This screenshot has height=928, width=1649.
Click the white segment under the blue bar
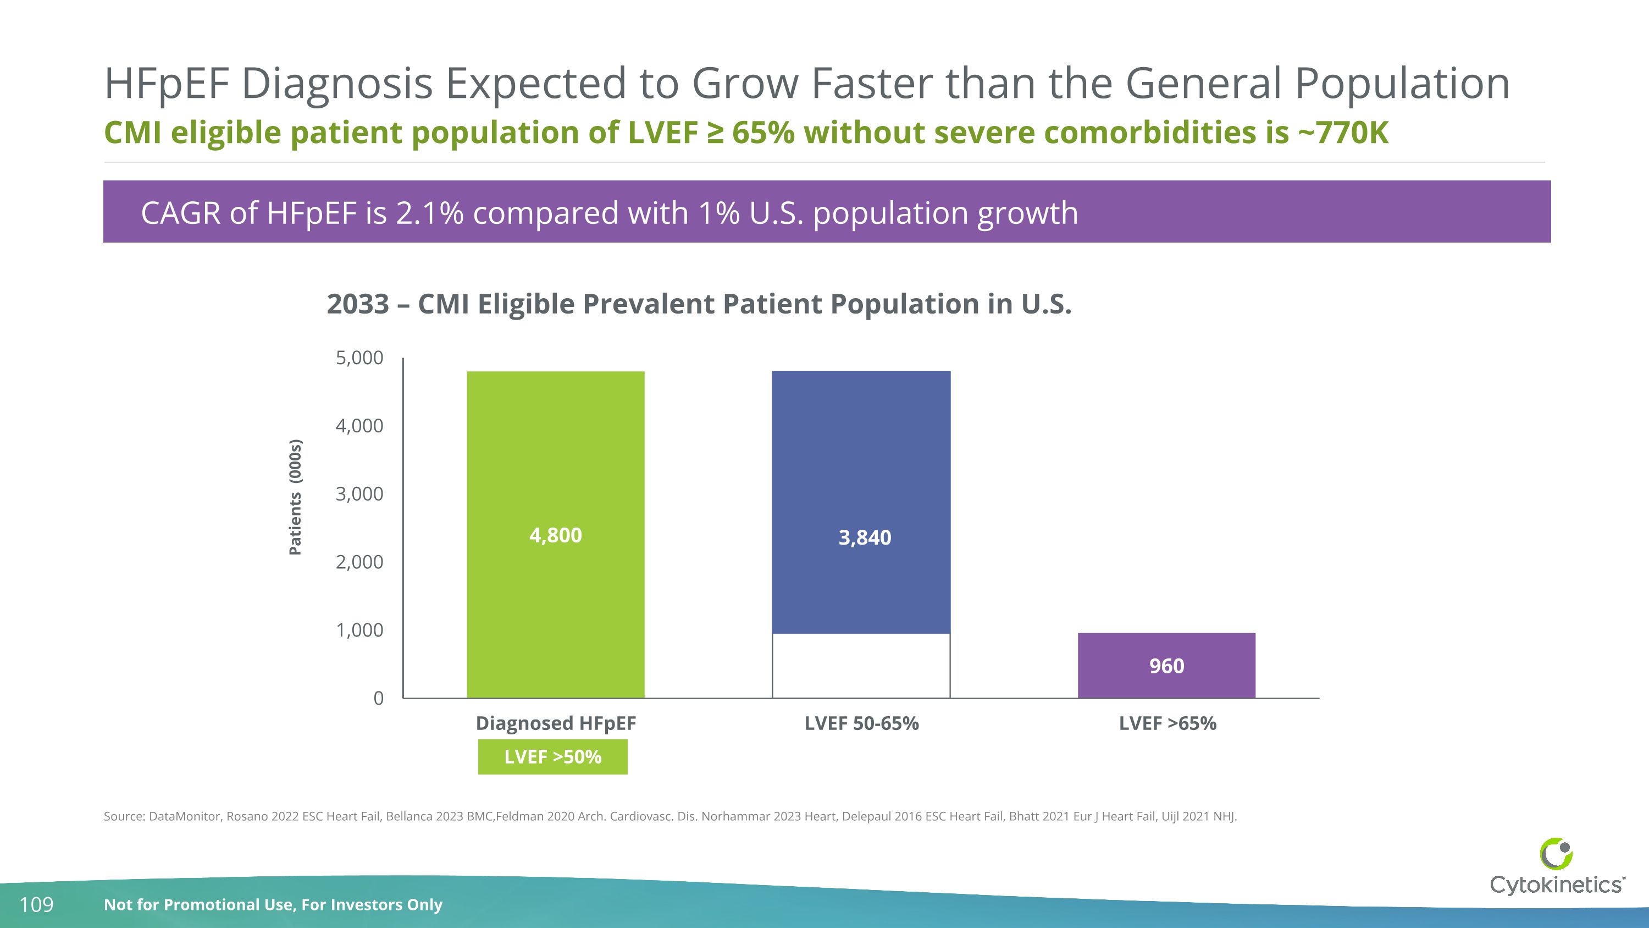[x=861, y=666]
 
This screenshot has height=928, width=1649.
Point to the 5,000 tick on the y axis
[x=359, y=358]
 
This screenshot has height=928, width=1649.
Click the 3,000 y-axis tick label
[x=359, y=494]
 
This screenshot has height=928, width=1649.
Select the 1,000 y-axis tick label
[x=359, y=630]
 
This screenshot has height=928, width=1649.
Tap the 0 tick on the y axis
[x=378, y=698]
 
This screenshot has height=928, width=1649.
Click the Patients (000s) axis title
[x=295, y=497]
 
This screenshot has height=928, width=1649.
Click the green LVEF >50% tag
[x=552, y=757]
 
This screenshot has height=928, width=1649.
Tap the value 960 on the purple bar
[x=1166, y=666]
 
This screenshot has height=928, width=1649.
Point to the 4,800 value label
[x=555, y=535]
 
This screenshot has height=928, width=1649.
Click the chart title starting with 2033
[x=699, y=304]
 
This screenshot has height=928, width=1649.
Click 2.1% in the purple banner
[x=429, y=213]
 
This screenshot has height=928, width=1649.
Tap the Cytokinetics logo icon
[x=1556, y=854]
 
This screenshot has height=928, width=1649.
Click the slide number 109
[x=36, y=904]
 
